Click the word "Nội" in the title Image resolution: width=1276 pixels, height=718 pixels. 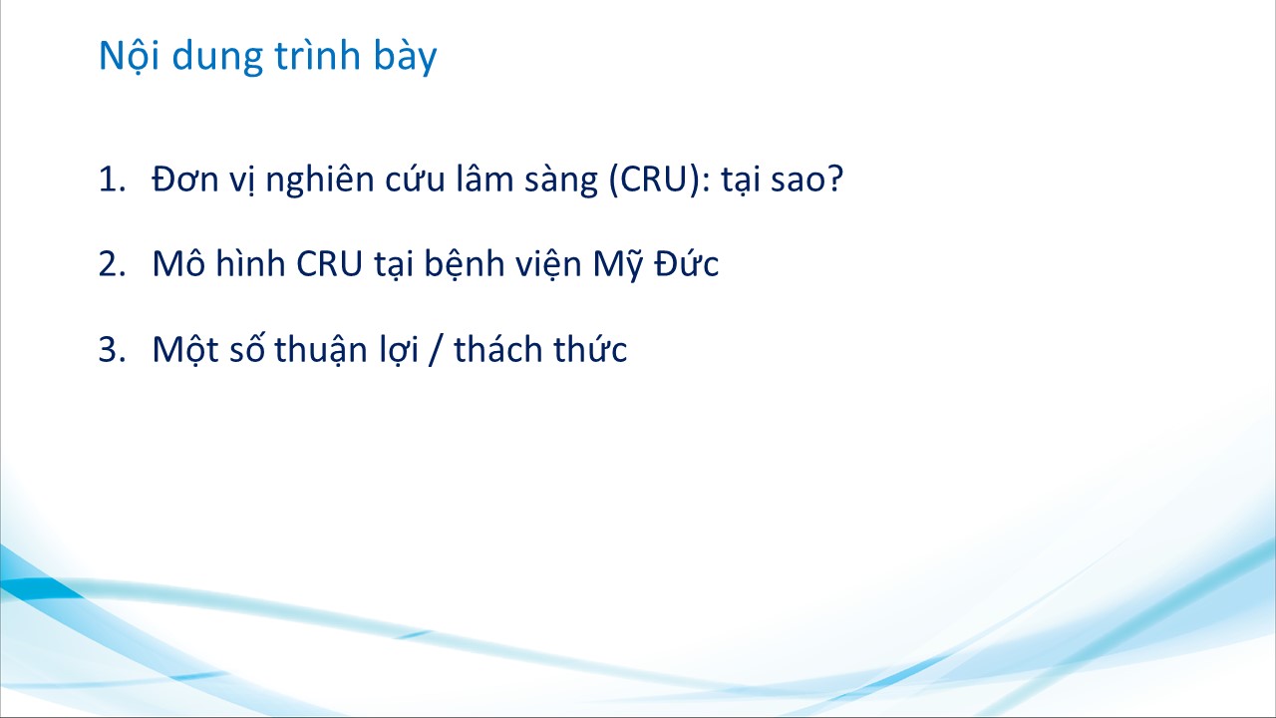[130, 56]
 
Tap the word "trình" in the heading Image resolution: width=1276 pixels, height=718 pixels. [318, 55]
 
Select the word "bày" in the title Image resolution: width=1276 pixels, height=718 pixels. [405, 56]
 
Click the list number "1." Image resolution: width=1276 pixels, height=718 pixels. [113, 179]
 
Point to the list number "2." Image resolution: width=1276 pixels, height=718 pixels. [113, 264]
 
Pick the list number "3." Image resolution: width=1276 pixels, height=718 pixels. [113, 349]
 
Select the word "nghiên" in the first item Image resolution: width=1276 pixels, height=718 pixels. [320, 180]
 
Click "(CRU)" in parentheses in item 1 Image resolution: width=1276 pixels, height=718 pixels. [655, 180]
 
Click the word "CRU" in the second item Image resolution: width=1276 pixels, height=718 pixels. [329, 264]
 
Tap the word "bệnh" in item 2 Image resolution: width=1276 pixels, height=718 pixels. [465, 265]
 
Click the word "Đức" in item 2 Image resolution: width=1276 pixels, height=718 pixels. [687, 263]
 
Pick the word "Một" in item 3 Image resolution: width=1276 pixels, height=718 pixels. [185, 350]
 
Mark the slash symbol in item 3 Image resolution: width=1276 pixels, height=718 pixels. [436, 349]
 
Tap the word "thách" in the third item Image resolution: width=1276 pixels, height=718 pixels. [498, 348]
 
